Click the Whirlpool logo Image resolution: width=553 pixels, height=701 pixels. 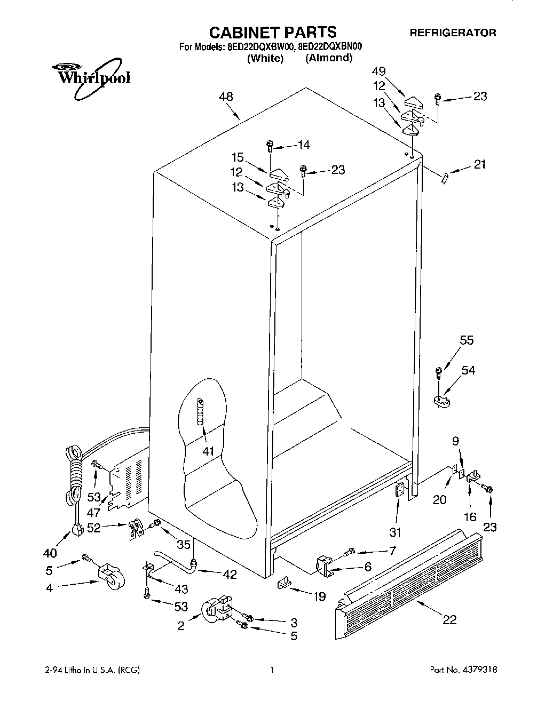pyautogui.click(x=91, y=79)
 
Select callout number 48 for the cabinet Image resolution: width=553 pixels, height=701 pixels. pyautogui.click(x=226, y=97)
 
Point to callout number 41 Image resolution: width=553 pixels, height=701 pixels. pyautogui.click(x=208, y=451)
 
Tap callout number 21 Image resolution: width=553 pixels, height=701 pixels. pyautogui.click(x=480, y=164)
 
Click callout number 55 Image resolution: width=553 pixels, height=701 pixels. pyautogui.click(x=467, y=340)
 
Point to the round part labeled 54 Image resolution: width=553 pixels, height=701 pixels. pyautogui.click(x=443, y=402)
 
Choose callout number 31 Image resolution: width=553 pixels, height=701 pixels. pyautogui.click(x=396, y=532)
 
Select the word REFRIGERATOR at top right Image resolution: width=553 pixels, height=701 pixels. pyautogui.click(x=453, y=33)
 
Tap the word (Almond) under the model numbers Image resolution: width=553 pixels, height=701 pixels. pyautogui.click(x=329, y=58)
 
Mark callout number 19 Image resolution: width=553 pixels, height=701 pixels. pyautogui.click(x=319, y=596)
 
